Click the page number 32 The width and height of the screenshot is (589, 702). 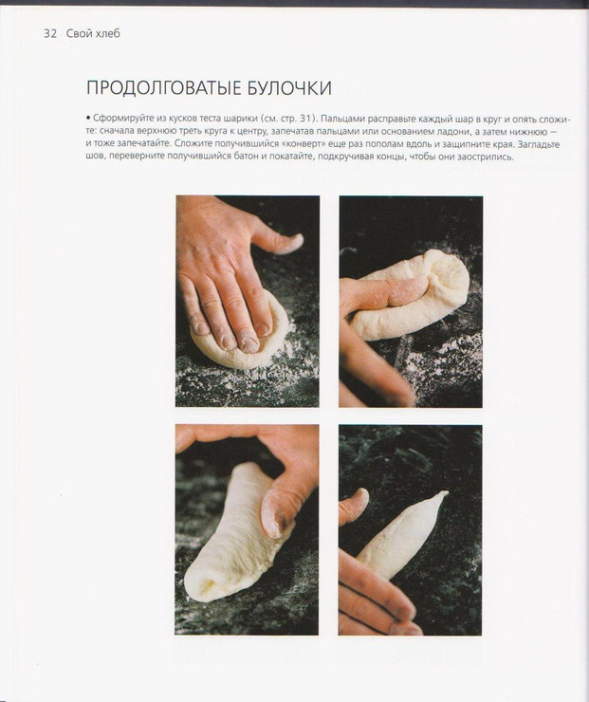click(50, 33)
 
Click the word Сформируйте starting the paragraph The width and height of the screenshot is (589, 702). click(119, 119)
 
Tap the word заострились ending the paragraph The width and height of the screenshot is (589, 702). click(488, 157)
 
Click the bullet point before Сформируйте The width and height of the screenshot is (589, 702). click(88, 119)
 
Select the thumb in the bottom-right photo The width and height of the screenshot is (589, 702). click(354, 505)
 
